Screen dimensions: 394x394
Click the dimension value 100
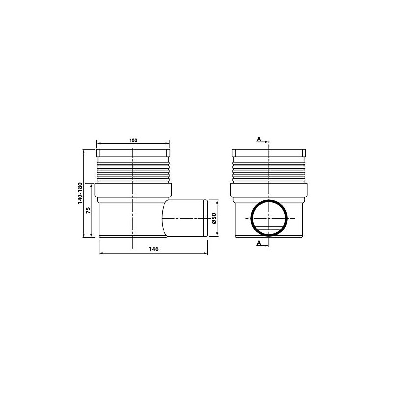133,140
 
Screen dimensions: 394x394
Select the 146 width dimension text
153,249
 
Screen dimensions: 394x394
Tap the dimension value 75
88,210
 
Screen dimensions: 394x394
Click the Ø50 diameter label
214,219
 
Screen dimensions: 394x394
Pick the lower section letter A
259,243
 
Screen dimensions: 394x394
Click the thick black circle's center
269,218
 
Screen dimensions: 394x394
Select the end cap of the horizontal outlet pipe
205,219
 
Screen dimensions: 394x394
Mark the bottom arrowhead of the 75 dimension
92,236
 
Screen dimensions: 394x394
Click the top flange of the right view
269,153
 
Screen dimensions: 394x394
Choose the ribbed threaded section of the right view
269,170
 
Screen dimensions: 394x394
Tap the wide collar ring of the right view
269,191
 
